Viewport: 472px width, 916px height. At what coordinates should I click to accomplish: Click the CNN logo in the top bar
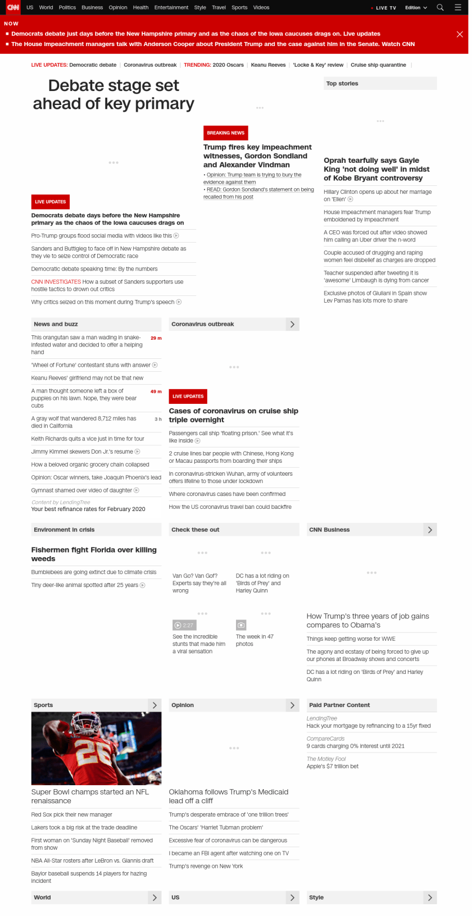tap(12, 7)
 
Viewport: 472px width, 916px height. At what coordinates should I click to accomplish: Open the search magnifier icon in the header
tap(441, 7)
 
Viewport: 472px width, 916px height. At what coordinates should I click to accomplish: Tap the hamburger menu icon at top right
tap(458, 7)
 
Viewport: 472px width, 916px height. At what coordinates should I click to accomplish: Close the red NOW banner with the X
tap(460, 34)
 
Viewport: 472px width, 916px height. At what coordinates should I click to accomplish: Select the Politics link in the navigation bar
tap(67, 7)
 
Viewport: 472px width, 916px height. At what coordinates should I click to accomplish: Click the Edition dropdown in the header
tap(416, 8)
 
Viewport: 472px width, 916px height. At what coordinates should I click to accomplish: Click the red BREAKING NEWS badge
tap(225, 133)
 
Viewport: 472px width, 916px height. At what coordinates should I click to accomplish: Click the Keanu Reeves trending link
tap(268, 65)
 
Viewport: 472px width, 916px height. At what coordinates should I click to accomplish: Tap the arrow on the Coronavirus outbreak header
tap(292, 324)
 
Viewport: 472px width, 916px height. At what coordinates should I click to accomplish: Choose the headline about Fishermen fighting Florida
tap(94, 554)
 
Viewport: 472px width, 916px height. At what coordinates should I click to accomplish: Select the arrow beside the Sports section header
tap(155, 705)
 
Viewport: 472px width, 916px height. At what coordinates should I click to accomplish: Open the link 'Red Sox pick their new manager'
tap(71, 814)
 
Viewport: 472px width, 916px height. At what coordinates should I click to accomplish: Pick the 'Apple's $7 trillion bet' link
tap(332, 766)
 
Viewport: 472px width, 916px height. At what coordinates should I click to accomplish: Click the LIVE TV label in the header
tap(385, 8)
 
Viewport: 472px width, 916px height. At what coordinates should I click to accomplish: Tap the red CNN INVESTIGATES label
tap(56, 282)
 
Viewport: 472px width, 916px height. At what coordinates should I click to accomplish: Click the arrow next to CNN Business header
tap(430, 530)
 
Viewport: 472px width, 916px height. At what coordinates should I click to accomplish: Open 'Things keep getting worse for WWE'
tap(351, 639)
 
